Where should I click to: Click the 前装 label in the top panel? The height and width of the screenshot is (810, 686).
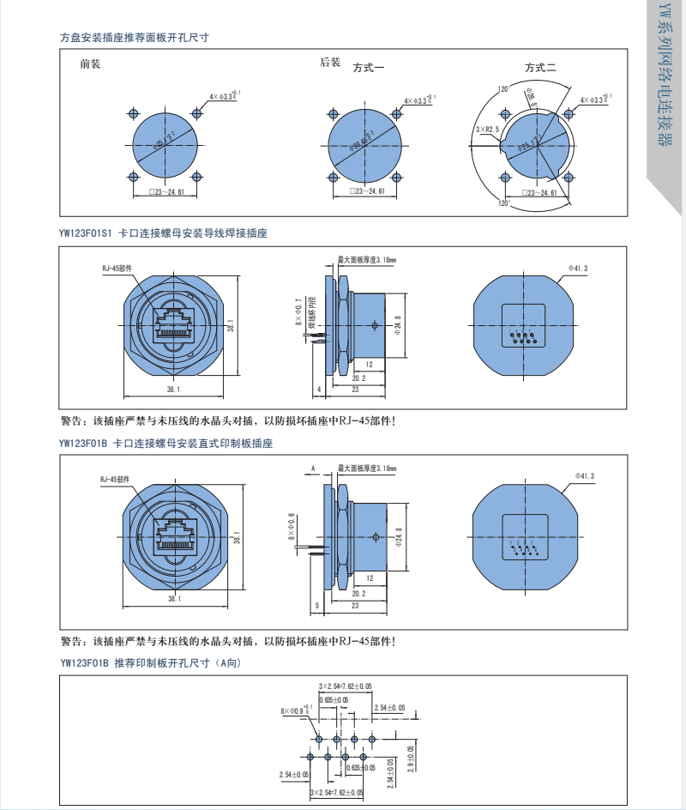click(x=90, y=63)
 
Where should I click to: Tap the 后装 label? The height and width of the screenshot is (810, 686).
click(x=330, y=63)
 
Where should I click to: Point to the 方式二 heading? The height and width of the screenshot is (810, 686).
click(x=541, y=68)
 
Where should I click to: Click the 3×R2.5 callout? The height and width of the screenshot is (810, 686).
click(x=487, y=129)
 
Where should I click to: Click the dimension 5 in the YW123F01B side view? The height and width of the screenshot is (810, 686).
click(x=317, y=605)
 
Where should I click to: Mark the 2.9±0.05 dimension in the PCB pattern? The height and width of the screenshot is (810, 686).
click(x=411, y=759)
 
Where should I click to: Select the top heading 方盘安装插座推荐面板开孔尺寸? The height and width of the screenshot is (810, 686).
click(x=135, y=38)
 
